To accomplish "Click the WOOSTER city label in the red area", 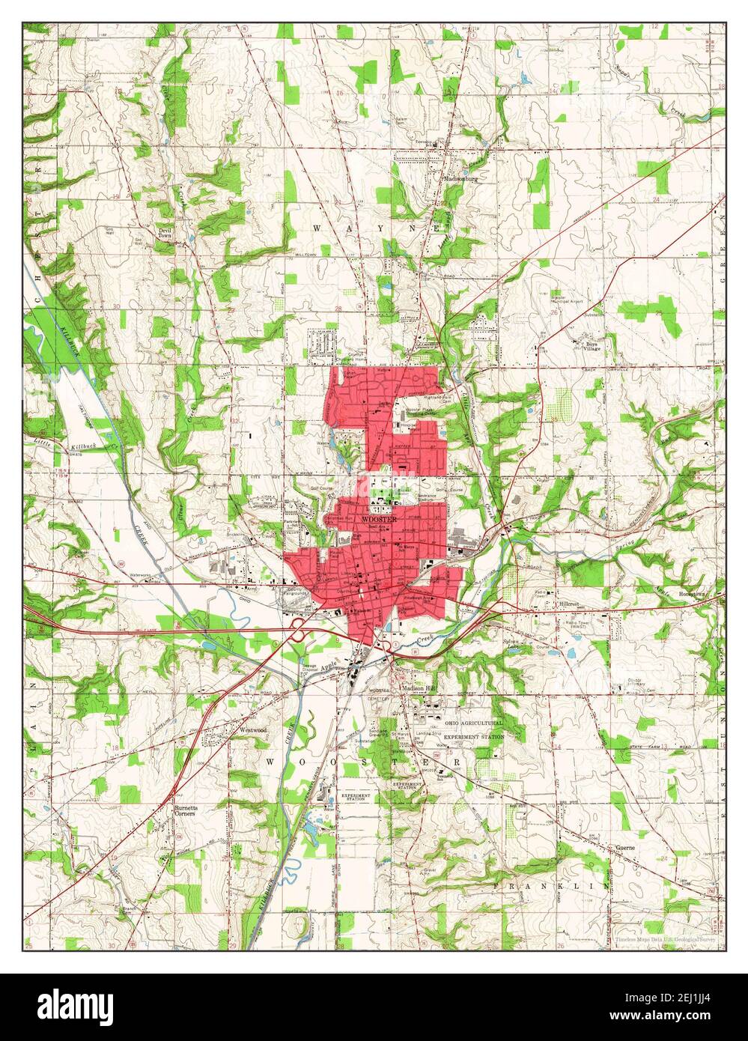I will (374, 518).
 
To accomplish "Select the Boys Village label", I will (592, 347).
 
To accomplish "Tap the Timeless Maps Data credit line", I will (666, 938).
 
